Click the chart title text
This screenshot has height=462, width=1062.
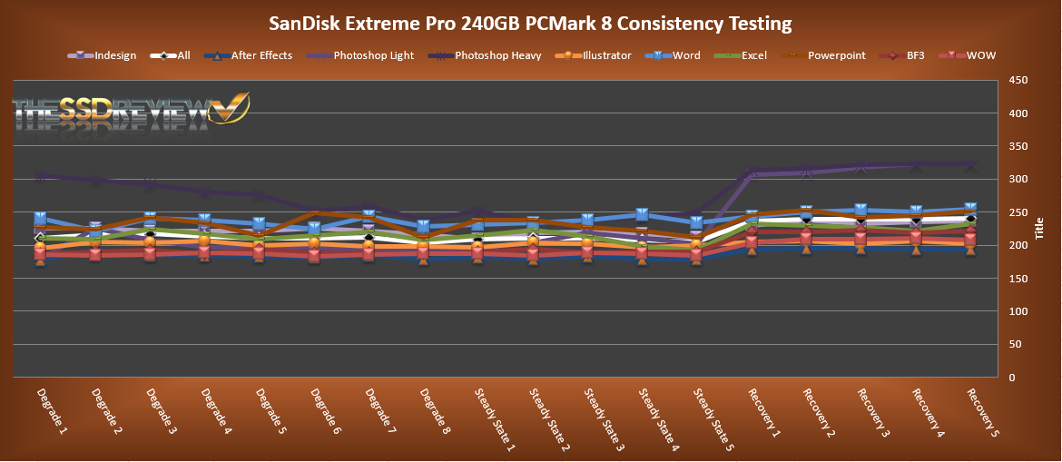[530, 23]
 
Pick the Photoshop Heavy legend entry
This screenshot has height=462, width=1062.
[497, 55]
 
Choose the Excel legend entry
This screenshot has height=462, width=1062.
[753, 55]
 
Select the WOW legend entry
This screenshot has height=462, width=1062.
[978, 55]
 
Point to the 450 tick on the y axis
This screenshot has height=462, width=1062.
[1018, 81]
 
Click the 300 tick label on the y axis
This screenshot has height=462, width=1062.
[1018, 180]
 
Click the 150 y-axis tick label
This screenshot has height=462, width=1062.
[1018, 279]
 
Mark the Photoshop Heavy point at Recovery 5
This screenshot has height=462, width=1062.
[970, 165]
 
